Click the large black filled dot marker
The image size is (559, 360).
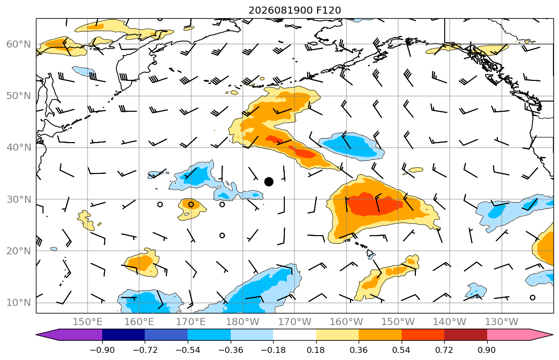[269, 182]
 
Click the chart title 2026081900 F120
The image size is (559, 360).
[294, 10]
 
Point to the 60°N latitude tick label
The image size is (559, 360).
[19, 44]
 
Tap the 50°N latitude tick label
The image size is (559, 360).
[19, 96]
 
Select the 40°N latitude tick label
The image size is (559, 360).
[19, 148]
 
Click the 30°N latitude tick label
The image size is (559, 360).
[19, 199]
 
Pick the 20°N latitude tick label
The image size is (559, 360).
[19, 251]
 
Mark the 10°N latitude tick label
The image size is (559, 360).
[19, 303]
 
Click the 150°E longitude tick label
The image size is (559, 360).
[88, 322]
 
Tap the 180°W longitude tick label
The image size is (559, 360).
[243, 322]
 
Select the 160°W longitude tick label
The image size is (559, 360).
[347, 322]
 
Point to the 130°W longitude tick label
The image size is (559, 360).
[502, 322]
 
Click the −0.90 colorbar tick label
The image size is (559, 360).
[102, 350]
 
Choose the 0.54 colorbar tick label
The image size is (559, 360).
[402, 350]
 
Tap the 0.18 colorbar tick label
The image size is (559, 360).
[316, 350]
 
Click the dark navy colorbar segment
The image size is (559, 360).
[123, 335]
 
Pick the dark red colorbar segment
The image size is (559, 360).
[465, 335]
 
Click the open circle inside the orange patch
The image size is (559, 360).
[191, 205]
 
